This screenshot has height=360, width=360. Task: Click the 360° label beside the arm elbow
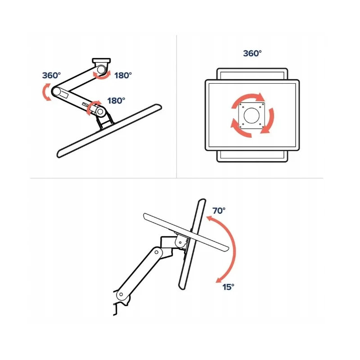pyautogui.click(x=51, y=75)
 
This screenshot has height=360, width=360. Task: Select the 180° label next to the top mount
pyautogui.click(x=123, y=75)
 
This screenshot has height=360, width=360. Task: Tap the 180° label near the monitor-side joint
pyautogui.click(x=116, y=100)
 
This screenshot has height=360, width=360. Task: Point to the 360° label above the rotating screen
pyautogui.click(x=252, y=53)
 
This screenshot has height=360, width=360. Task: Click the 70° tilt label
pyautogui.click(x=219, y=211)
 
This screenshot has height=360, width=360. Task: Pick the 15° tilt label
pyautogui.click(x=228, y=287)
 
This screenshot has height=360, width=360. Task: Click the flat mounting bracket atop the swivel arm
pyautogui.click(x=101, y=61)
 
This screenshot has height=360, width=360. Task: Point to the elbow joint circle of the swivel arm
pyautogui.click(x=56, y=92)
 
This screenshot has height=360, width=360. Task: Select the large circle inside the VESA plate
pyautogui.click(x=252, y=115)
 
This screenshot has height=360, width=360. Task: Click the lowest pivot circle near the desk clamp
pyautogui.click(x=121, y=295)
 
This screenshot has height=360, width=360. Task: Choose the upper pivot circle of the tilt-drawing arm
pyautogui.click(x=156, y=252)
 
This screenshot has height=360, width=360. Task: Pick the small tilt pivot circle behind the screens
pyautogui.click(x=180, y=242)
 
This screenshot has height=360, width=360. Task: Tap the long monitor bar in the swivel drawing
pyautogui.click(x=109, y=131)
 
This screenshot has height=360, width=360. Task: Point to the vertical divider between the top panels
pyautogui.click(x=176, y=106)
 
